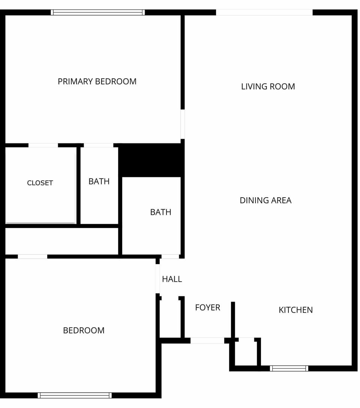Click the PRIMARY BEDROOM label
point(97,81)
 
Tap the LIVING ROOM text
point(268,87)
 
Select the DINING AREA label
point(265,200)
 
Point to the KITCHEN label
point(295,310)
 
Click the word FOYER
point(207,307)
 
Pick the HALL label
point(172,279)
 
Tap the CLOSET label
point(40,183)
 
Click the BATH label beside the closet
point(99,181)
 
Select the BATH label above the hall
point(160,212)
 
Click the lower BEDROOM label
point(84,330)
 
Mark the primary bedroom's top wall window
point(98,12)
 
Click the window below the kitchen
point(289,368)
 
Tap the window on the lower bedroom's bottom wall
point(75,395)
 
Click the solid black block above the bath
point(151,160)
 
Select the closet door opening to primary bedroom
point(43,145)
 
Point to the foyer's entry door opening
point(207,340)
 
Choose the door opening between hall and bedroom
point(157,279)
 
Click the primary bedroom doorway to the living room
point(183,124)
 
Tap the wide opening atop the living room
point(264,12)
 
